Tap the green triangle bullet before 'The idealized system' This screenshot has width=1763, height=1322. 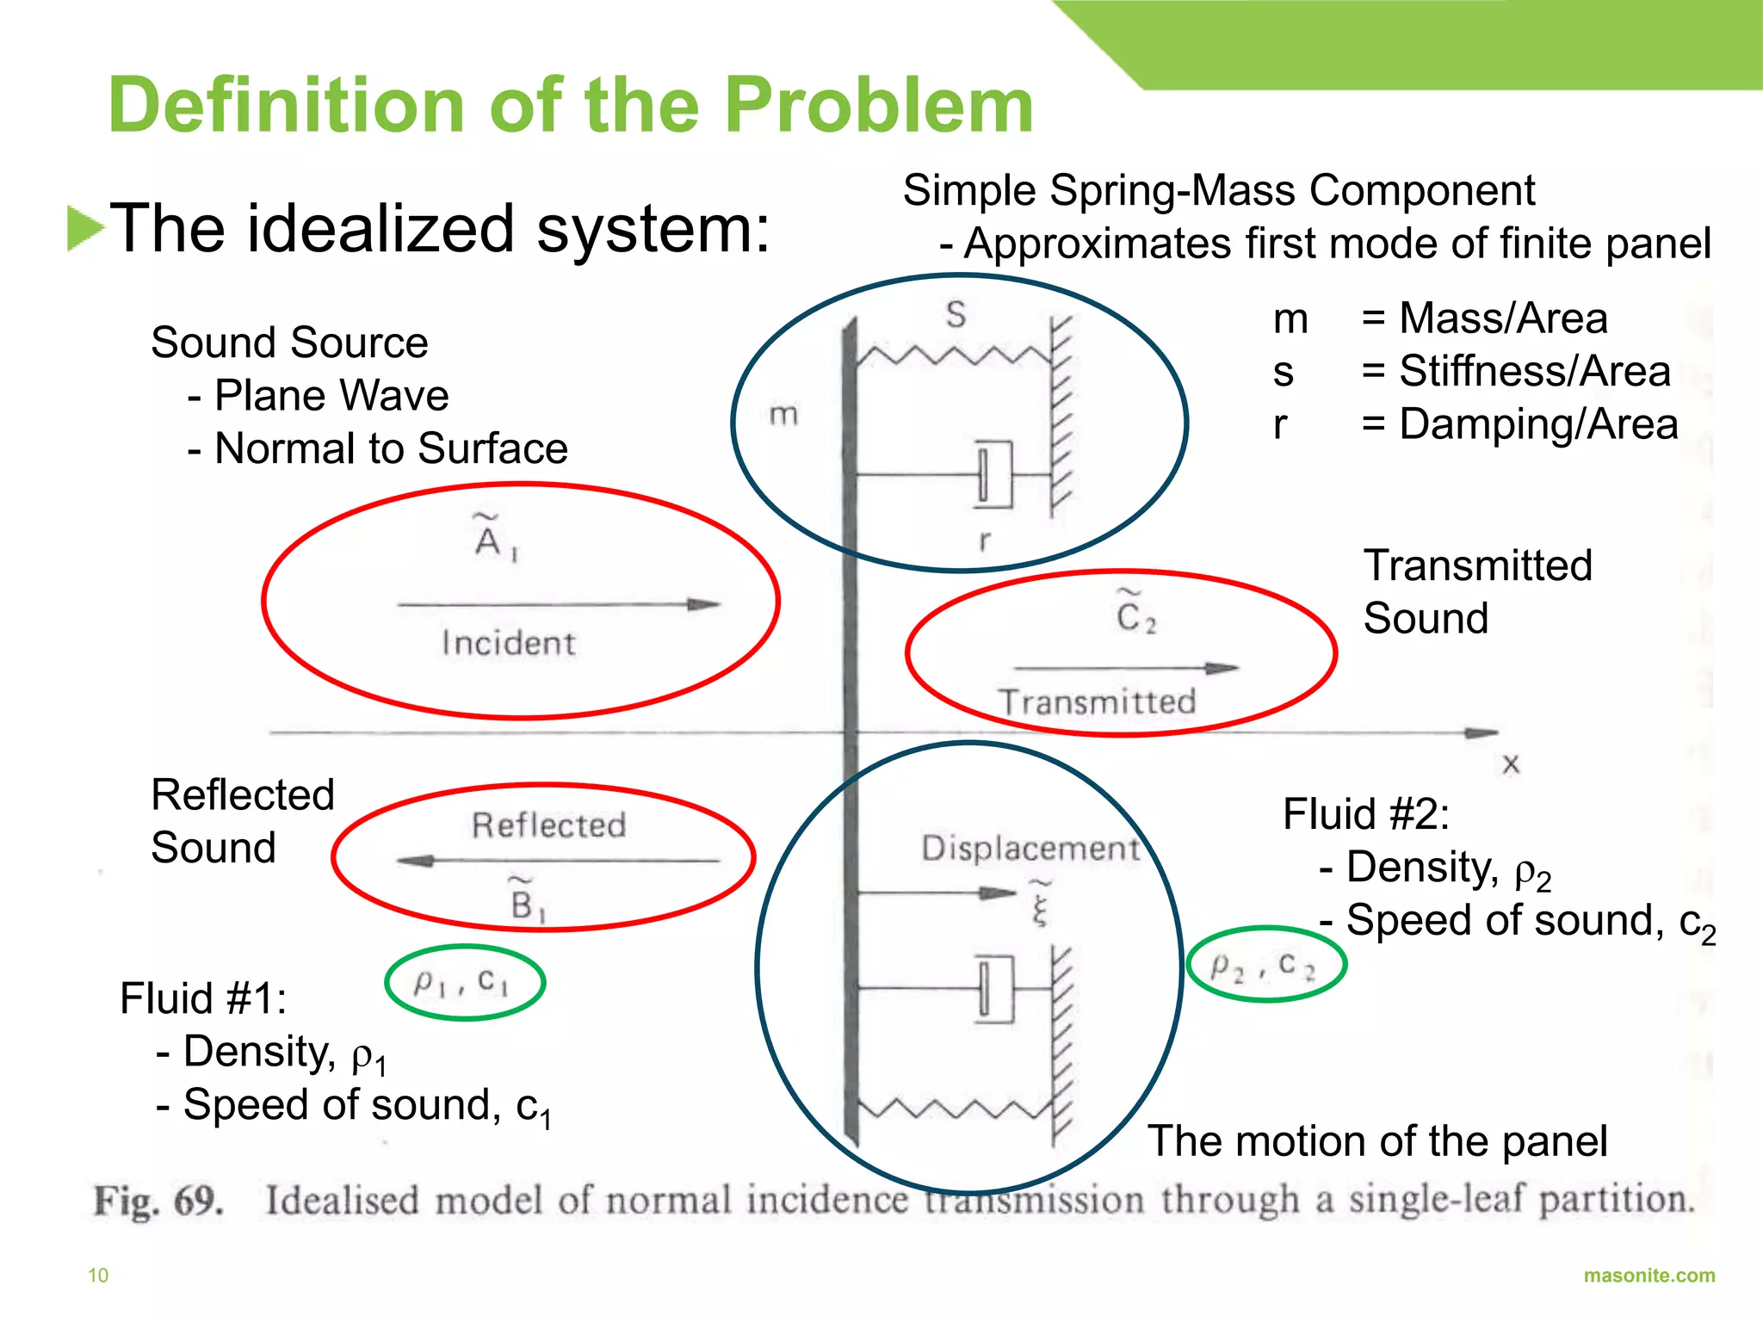85,229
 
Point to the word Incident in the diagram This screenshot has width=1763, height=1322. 508,644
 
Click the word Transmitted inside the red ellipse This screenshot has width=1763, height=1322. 1098,702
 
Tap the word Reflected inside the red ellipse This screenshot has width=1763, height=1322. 548,825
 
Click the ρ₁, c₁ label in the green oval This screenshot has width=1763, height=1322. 462,982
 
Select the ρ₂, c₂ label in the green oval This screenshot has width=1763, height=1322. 1263,966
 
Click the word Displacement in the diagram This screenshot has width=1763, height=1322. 1030,849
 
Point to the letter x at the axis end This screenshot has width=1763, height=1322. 1510,764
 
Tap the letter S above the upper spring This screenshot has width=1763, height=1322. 956,315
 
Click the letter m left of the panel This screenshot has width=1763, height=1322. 783,415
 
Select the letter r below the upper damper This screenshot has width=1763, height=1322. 984,541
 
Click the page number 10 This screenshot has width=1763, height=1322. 98,1276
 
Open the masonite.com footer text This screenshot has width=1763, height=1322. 1649,1276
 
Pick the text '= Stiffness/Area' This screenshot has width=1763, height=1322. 1516,372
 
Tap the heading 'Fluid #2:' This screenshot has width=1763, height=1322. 1365,814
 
